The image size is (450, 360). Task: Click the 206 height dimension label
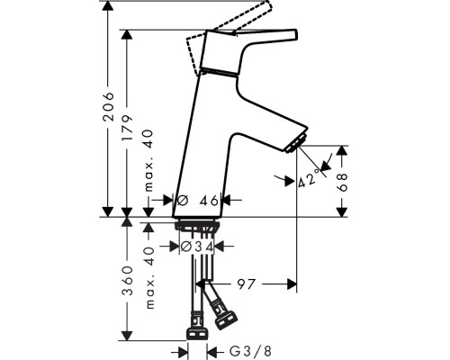(108, 106)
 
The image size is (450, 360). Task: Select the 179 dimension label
(127, 127)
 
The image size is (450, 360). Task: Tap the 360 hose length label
(128, 280)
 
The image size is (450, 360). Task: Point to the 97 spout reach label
(246, 284)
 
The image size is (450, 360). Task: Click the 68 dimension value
(342, 182)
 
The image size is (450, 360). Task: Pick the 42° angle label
(309, 178)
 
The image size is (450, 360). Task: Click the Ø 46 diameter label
(198, 201)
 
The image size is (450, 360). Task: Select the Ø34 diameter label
(197, 247)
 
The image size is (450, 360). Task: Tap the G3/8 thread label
(250, 350)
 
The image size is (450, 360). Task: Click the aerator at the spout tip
(296, 144)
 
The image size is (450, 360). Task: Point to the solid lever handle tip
(293, 34)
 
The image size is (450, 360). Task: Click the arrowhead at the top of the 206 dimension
(108, 6)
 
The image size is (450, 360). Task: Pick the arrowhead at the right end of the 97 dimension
(292, 284)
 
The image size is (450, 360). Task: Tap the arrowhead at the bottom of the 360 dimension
(128, 335)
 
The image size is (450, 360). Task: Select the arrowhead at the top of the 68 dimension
(342, 151)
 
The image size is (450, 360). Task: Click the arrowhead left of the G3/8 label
(183, 351)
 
